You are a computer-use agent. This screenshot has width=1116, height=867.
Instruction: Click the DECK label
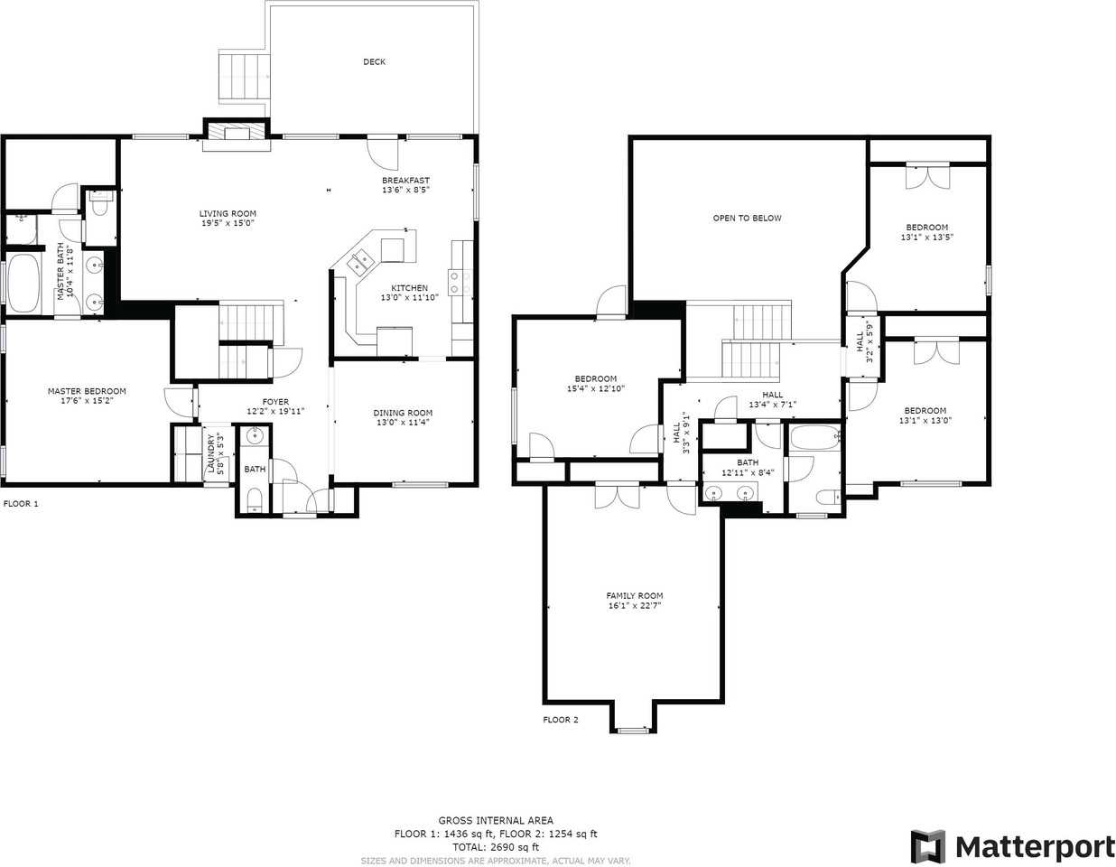pos(374,61)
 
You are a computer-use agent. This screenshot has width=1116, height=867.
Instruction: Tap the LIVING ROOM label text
pos(228,213)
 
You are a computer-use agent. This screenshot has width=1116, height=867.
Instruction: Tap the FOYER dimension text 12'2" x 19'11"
pos(275,411)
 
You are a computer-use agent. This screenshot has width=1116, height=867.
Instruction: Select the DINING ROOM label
pos(403,413)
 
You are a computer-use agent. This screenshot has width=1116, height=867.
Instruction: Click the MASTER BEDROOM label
pos(87,391)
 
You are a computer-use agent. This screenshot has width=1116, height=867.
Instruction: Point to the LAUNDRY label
pos(210,453)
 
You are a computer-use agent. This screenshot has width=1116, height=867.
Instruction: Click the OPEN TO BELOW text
pos(747,218)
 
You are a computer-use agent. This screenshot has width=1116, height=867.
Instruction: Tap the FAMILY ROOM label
pos(634,595)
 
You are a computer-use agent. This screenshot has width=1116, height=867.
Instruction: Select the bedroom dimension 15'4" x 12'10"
pos(595,388)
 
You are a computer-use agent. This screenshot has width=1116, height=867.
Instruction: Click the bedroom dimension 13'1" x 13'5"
pos(927,238)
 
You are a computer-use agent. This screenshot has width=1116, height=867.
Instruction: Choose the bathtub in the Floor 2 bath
pos(814,438)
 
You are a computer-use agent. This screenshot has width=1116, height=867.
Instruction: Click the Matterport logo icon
pos(927,846)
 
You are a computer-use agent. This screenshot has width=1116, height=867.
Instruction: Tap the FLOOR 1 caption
pos(21,503)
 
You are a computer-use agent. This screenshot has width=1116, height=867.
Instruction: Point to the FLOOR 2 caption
pos(561,720)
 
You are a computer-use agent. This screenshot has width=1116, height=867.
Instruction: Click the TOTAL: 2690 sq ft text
pos(496,847)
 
